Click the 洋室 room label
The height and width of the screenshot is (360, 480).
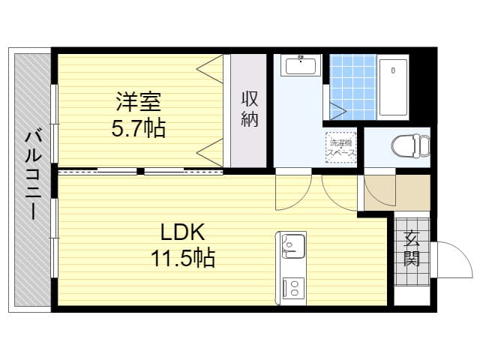pyautogui.click(x=138, y=102)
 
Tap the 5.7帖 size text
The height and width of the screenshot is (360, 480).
pyautogui.click(x=138, y=128)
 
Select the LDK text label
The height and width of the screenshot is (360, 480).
pyautogui.click(x=183, y=232)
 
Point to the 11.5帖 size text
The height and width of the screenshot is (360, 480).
pyautogui.click(x=183, y=258)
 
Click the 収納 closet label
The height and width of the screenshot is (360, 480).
pyautogui.click(x=250, y=109)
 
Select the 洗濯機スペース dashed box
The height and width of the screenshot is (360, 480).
pyautogui.click(x=340, y=148)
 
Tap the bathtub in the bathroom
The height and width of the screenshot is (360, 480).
pyautogui.click(x=393, y=87)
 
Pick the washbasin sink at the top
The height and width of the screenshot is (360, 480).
pyautogui.click(x=301, y=65)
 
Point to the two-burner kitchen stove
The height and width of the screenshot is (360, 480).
pyautogui.click(x=293, y=288)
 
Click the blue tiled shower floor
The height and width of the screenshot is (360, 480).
pyautogui.click(x=353, y=87)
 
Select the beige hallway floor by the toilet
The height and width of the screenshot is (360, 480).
pyautogui.click(x=397, y=193)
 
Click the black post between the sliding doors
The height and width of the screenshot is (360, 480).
pyautogui.click(x=140, y=171)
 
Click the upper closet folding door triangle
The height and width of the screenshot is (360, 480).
pyautogui.click(x=210, y=68)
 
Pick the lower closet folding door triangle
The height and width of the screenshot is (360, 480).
pyautogui.click(x=210, y=152)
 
